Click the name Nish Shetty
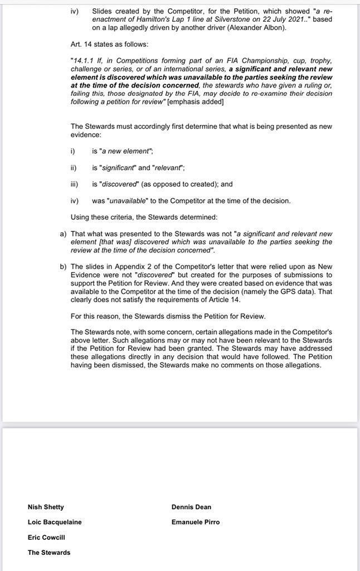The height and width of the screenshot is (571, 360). (46, 507)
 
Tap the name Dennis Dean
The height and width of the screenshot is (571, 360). (192, 507)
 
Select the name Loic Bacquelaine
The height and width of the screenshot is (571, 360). (55, 522)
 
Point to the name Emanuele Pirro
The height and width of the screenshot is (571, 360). (196, 522)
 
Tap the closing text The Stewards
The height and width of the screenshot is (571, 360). (49, 552)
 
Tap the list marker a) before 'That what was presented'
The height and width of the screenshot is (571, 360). (62, 233)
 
